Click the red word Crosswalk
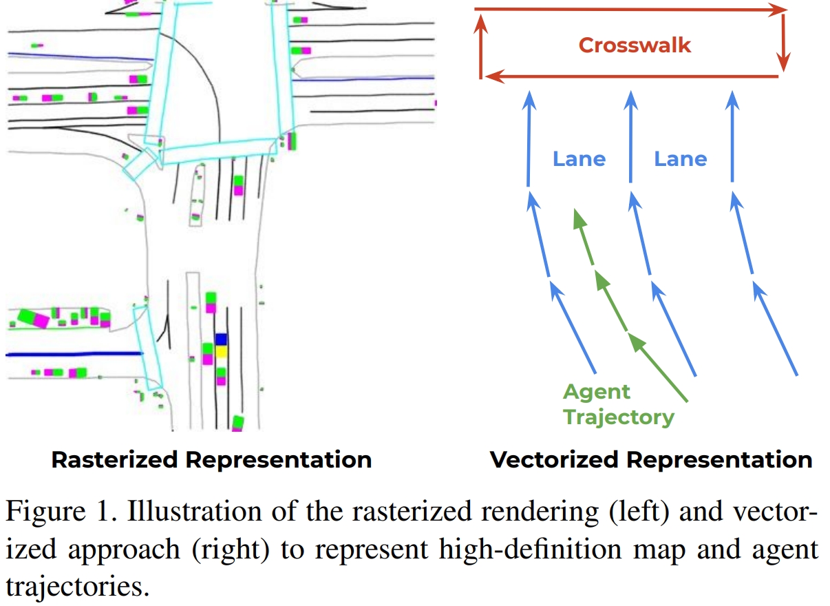click(634, 45)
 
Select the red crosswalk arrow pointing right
click(630, 10)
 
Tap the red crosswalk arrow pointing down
click(783, 41)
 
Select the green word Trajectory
click(619, 417)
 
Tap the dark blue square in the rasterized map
click(221, 339)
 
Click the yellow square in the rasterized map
click(221, 352)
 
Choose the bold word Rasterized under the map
click(120, 460)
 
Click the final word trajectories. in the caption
click(76, 587)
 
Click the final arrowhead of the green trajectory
click(578, 216)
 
